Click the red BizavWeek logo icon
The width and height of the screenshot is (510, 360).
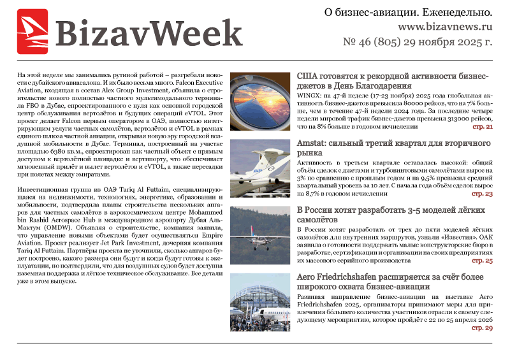[33, 31]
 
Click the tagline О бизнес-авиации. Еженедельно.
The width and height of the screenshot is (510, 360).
[409, 12]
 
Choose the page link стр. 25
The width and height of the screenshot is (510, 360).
[482, 261]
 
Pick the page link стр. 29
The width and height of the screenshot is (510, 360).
[482, 328]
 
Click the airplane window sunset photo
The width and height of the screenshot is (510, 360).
[259, 99]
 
